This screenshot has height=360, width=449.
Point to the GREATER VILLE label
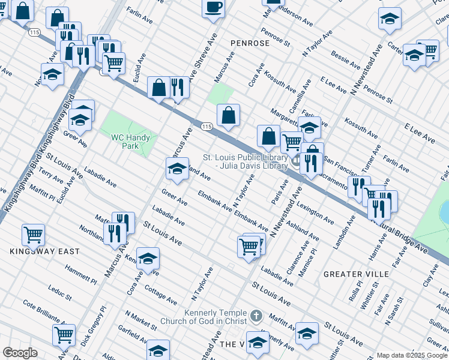(357, 274)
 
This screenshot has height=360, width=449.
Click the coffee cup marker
(214, 8)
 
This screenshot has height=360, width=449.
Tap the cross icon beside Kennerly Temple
(256, 315)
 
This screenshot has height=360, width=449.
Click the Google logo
(20, 353)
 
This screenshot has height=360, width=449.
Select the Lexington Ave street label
(316, 214)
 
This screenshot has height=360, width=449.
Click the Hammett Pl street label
(81, 275)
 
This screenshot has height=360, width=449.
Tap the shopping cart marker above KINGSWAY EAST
(33, 234)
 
